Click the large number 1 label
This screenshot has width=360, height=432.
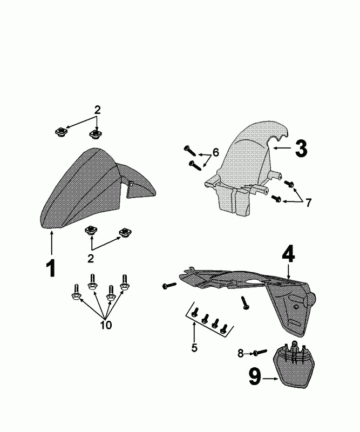(51, 268)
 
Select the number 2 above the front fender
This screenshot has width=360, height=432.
(97, 110)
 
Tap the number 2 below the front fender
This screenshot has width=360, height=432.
(90, 258)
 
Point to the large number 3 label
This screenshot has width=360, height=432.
(301, 147)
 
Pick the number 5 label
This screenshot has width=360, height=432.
(194, 347)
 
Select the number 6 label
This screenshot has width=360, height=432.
(216, 153)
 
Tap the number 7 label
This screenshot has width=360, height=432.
(308, 203)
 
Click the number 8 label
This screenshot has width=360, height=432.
(241, 354)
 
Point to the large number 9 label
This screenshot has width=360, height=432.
(255, 376)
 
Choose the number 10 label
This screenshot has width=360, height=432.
(105, 325)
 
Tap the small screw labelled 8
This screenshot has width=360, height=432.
(259, 353)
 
